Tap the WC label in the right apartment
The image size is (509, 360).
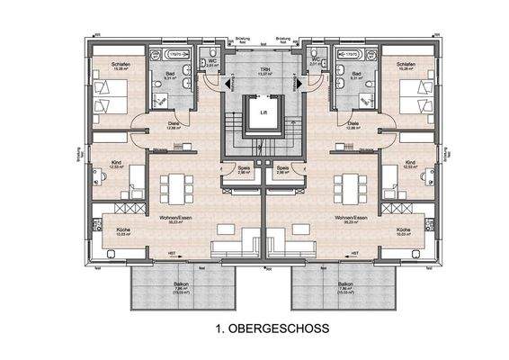point(313,61)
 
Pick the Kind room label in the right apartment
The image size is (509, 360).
point(410,163)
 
